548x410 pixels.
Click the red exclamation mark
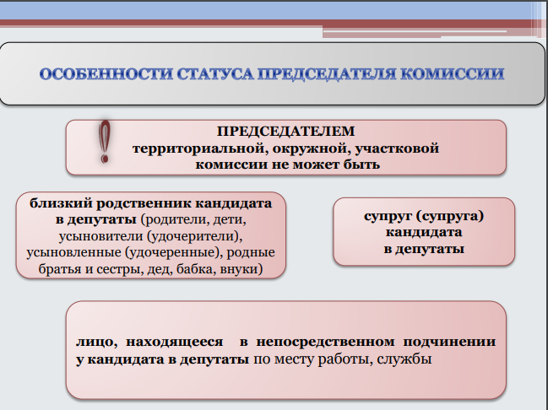pyautogui.click(x=104, y=142)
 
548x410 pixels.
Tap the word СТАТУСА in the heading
pyautogui.click(x=215, y=74)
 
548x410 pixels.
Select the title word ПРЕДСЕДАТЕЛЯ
pyautogui.click(x=327, y=74)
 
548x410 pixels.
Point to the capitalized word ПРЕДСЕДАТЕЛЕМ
pyautogui.click(x=286, y=132)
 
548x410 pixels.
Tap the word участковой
pyautogui.click(x=397, y=148)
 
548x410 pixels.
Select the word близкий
pyautogui.click(x=61, y=203)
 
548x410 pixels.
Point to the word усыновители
pyautogui.click(x=101, y=236)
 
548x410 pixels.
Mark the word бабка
pyautogui.click(x=197, y=269)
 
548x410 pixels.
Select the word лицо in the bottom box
pyautogui.click(x=96, y=343)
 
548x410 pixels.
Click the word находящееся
pyautogui.click(x=175, y=343)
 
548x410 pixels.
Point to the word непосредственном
pyautogui.click(x=325, y=343)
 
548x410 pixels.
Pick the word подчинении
pyautogui.click(x=449, y=343)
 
